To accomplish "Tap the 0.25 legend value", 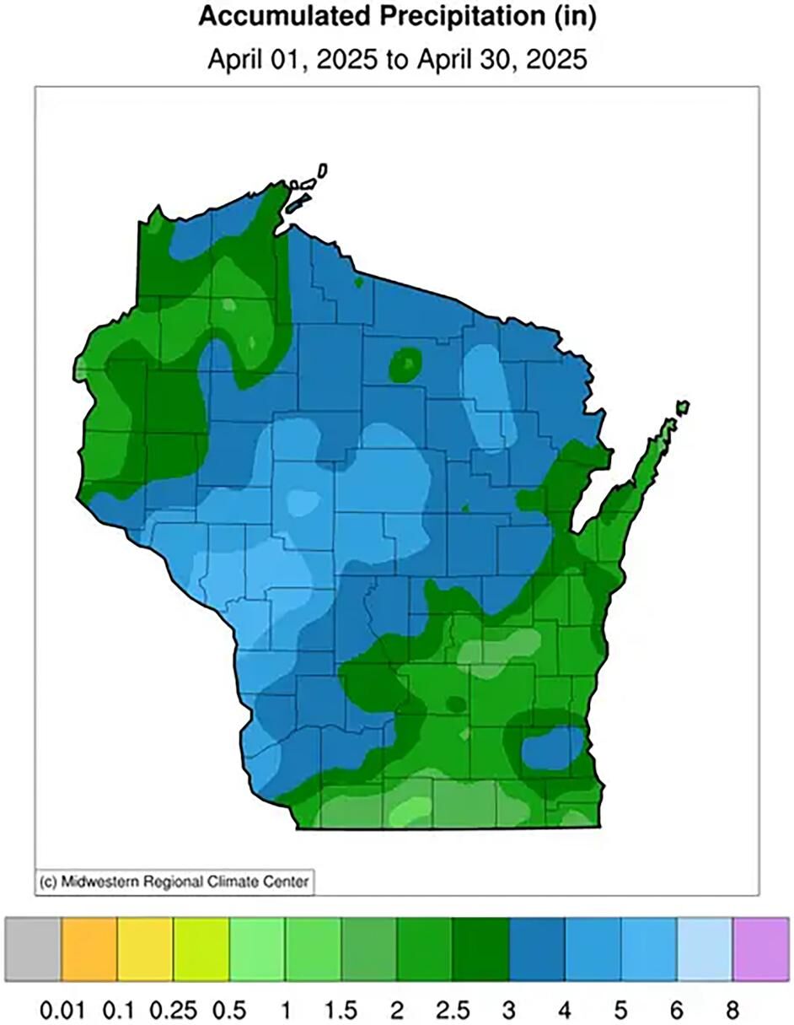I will pyautogui.click(x=173, y=1008).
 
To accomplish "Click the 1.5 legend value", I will pyautogui.click(x=341, y=1008).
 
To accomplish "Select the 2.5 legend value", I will pyautogui.click(x=453, y=1008).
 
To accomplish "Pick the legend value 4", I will pyautogui.click(x=565, y=1008).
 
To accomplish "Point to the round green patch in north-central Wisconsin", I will pyautogui.click(x=407, y=364).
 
